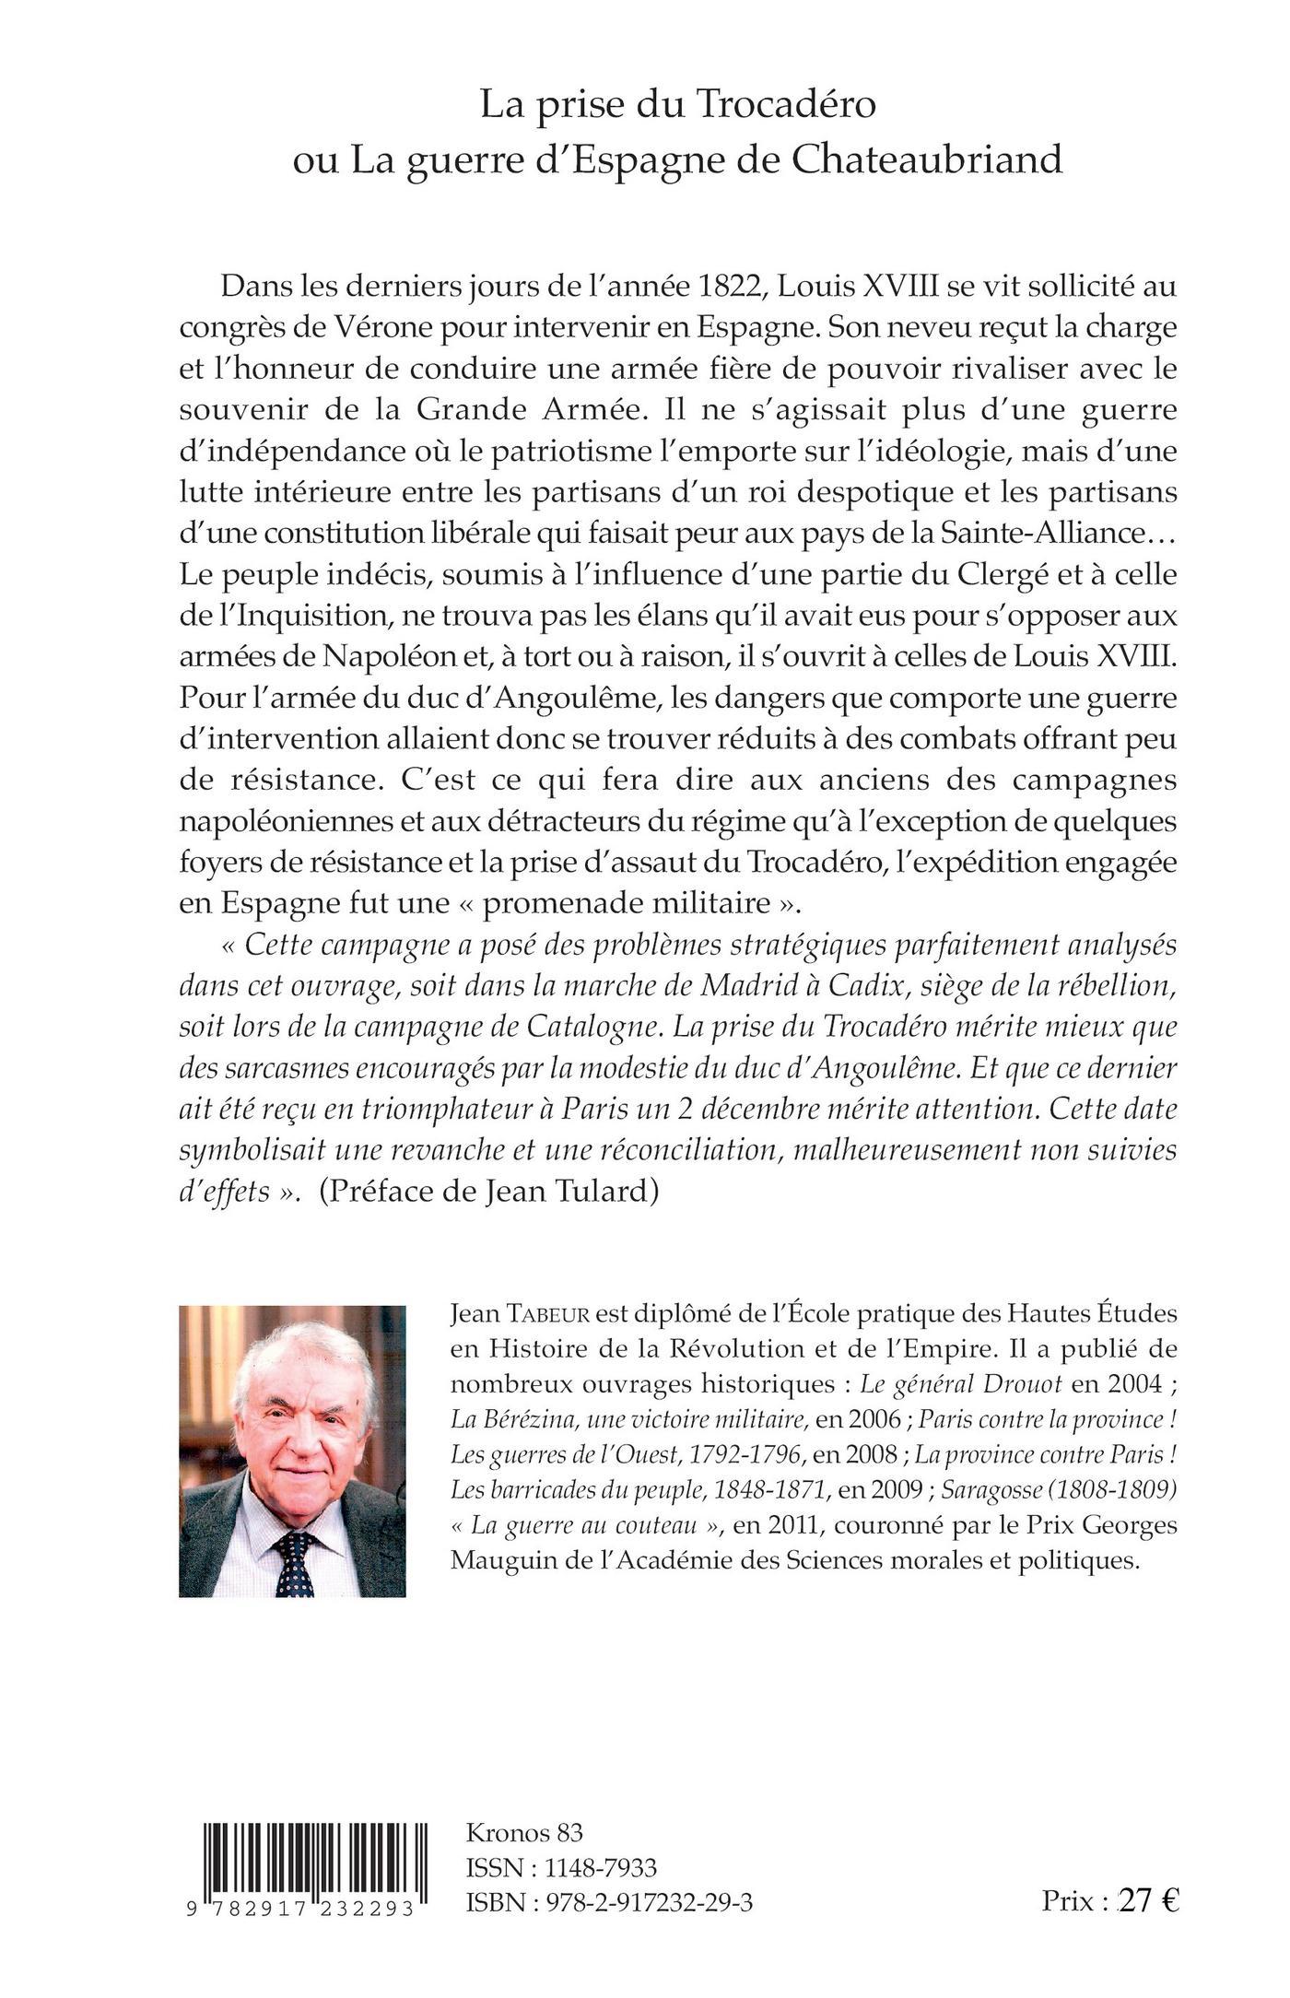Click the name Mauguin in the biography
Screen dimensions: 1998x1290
tap(498, 1560)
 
